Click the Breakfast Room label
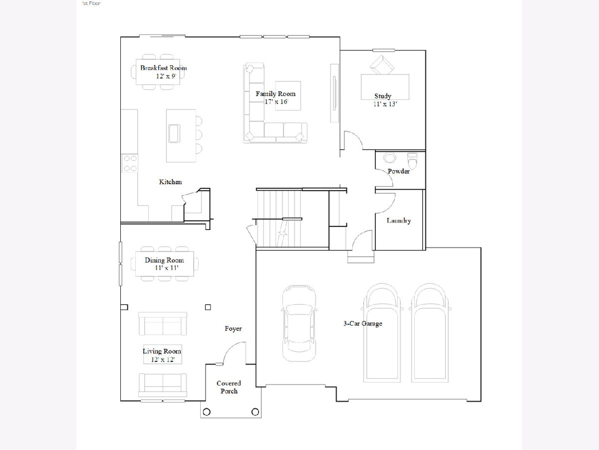point(163,68)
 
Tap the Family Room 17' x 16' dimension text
point(276,102)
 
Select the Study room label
point(382,96)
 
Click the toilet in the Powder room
point(412,160)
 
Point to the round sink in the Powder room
point(389,157)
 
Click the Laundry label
point(399,220)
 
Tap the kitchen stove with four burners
point(130,163)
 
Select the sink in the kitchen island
point(174,133)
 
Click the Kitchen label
point(170,181)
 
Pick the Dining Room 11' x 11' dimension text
point(166,268)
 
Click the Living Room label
point(162,351)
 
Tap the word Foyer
point(233,328)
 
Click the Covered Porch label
point(229,387)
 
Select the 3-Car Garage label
point(363,323)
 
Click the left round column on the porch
point(207,411)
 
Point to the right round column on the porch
point(255,411)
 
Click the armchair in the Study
point(382,65)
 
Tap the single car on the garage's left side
point(299,323)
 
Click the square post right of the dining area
point(208,307)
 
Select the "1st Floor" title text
point(91,3)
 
